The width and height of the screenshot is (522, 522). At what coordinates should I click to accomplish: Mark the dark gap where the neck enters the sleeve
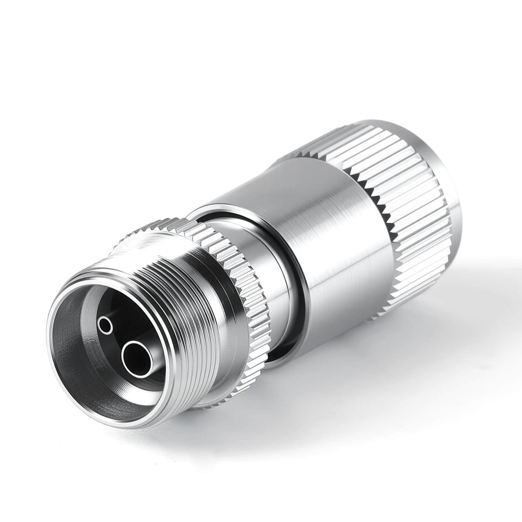(x=278, y=351)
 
